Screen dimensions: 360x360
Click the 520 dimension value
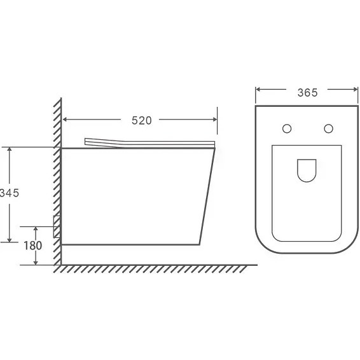142,121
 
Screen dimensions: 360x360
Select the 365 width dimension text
307,93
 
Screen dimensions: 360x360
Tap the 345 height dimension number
10,193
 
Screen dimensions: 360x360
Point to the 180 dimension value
33,246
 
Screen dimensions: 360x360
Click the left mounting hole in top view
287,128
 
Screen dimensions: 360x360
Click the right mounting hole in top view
329,128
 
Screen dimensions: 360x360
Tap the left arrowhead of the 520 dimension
65,120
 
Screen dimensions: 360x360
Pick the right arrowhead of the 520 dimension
215,120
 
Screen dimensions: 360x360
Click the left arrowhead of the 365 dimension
258,89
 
